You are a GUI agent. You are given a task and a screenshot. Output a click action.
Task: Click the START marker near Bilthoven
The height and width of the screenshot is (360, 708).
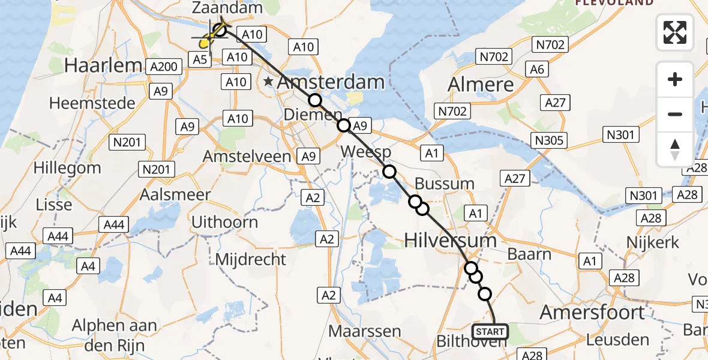tap(490, 331)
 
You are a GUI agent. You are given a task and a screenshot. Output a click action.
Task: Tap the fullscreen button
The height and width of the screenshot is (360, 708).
tap(675, 32)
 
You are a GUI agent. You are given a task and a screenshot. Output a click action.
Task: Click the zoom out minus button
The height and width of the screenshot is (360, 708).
tap(675, 114)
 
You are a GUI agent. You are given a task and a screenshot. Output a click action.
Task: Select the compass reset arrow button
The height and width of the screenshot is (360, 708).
tap(675, 149)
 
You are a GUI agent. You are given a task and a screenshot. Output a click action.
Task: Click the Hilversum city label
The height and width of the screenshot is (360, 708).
tap(450, 241)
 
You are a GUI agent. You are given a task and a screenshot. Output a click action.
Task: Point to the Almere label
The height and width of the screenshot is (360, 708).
tap(481, 84)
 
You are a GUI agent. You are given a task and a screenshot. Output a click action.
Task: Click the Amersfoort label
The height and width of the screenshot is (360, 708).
tap(592, 312)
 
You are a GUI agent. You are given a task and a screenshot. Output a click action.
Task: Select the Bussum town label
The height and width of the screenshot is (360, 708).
tap(445, 184)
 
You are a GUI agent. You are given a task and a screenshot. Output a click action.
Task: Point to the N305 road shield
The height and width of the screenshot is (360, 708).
tap(550, 140)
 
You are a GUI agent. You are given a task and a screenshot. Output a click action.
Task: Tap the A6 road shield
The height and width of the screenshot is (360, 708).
tap(537, 70)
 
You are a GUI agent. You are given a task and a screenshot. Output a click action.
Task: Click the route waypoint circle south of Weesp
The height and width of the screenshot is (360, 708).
tap(389, 172)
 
